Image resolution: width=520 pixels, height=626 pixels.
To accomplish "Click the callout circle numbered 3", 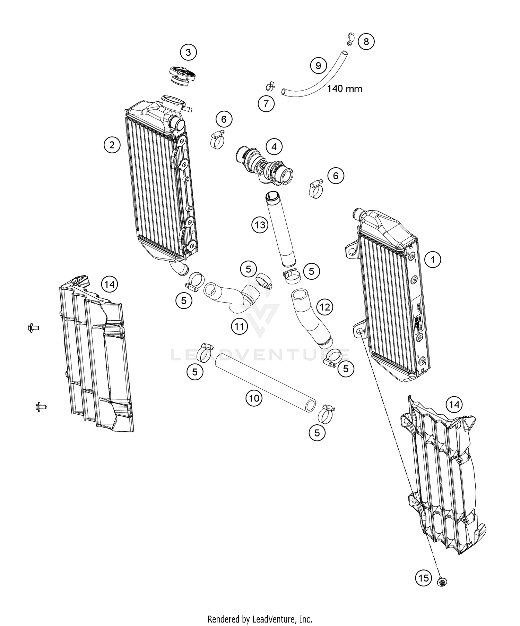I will tap(188, 52).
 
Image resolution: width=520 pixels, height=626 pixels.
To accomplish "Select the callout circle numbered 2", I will tap(112, 145).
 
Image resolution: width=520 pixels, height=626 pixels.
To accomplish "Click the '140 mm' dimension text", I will tap(345, 89).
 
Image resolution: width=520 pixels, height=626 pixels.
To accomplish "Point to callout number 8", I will tap(366, 42).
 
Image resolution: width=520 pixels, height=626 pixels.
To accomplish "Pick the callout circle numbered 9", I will tap(318, 65).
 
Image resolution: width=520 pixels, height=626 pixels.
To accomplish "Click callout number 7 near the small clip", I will tap(266, 103).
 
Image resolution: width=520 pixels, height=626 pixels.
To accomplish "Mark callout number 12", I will tap(324, 307).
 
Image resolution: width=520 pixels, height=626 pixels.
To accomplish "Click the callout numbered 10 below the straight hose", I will tap(254, 398).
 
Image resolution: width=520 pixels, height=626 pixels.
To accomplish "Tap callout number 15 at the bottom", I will tap(424, 578).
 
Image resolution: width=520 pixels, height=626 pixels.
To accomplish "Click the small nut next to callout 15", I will tap(442, 581).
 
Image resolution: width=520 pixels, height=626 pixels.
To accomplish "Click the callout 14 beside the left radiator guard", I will tap(109, 285).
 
